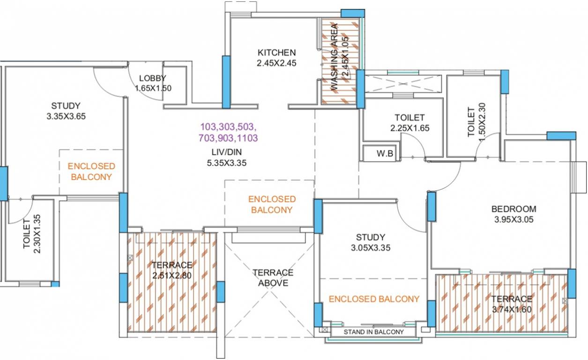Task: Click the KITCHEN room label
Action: click(x=276, y=52)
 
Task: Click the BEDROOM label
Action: click(x=514, y=209)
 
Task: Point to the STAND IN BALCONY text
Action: click(x=373, y=332)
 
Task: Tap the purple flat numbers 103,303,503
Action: click(x=229, y=127)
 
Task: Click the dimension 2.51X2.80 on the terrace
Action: click(x=172, y=275)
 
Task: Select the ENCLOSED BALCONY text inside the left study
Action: click(x=91, y=171)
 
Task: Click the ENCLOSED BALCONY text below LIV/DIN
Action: click(x=272, y=204)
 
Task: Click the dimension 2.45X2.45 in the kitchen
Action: click(x=276, y=63)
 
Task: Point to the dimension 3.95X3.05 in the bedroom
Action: click(x=514, y=219)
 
